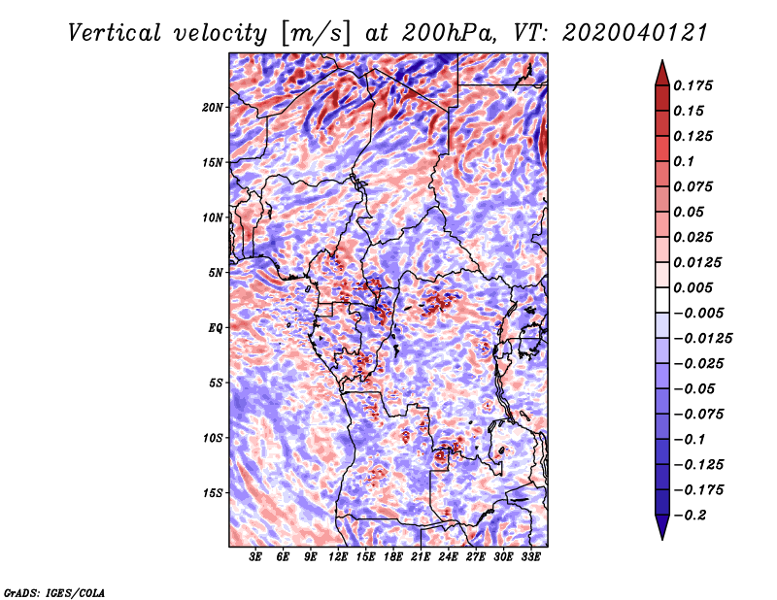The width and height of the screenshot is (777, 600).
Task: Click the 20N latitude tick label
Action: (213, 108)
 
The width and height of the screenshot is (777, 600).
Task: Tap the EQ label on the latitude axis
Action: (216, 328)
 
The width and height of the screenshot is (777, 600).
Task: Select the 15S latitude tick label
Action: (213, 493)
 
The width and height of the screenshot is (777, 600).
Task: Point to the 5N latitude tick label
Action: (216, 273)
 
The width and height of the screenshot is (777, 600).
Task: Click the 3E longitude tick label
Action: (255, 557)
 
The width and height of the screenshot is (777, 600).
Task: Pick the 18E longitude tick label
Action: (393, 557)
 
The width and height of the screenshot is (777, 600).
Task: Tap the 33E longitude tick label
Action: (530, 557)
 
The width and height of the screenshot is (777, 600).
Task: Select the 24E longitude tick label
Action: (448, 557)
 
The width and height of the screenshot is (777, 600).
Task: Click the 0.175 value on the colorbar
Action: (693, 85)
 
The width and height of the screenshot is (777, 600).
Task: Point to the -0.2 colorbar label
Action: (690, 516)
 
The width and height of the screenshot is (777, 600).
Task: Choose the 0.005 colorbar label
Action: (693, 287)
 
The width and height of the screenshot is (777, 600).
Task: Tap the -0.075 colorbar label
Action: (698, 415)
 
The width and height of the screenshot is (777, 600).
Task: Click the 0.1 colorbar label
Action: (684, 161)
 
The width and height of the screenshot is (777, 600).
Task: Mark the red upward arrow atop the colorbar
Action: (662, 73)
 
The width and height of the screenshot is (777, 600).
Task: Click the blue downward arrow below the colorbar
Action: (662, 527)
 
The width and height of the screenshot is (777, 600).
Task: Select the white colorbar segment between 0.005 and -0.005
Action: (662, 300)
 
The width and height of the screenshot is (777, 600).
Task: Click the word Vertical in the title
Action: (115, 33)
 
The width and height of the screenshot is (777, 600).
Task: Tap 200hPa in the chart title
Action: (449, 33)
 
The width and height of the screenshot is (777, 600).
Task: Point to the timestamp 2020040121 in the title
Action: (635, 33)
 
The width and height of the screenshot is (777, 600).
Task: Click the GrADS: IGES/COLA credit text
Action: (54, 593)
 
